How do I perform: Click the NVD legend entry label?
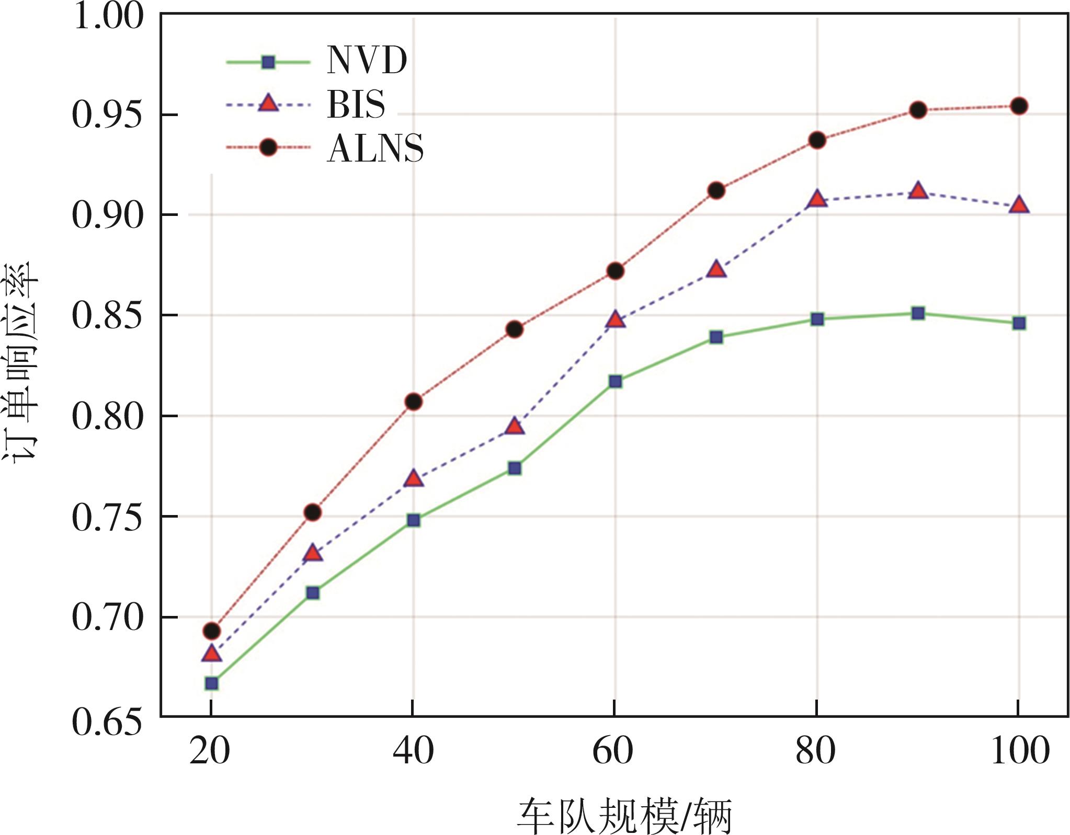[367, 61]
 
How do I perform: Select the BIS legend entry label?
[356, 104]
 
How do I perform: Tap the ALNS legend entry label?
[375, 148]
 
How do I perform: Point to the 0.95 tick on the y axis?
[107, 115]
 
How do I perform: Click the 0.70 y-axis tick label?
[107, 617]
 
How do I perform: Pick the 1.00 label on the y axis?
[107, 16]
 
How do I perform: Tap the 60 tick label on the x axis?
[613, 751]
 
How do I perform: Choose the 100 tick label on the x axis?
[1020, 751]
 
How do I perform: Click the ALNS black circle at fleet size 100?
[1019, 106]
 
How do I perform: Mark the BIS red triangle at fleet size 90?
[918, 191]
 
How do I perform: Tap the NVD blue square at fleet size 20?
[211, 683]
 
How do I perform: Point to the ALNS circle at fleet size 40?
[413, 402]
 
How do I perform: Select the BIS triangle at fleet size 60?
[616, 320]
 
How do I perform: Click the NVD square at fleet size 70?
[716, 337]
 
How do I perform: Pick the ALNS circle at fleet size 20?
[211, 631]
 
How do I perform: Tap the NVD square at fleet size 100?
[1019, 323]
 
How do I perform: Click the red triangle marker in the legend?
[268, 104]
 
